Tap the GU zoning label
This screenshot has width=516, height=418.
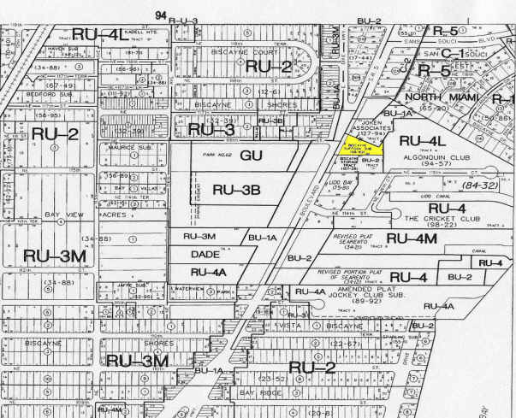250,156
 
